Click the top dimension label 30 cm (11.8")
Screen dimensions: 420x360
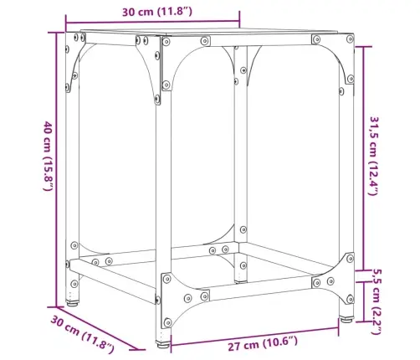tap(157, 12)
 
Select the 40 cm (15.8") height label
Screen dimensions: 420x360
tap(48, 156)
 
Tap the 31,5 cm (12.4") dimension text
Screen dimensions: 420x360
tap(374, 156)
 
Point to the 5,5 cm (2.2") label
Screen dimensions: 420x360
tap(376, 301)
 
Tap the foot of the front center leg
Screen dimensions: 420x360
tap(163, 344)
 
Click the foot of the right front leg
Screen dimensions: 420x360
tap(346, 319)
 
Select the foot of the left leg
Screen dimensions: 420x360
tap(72, 302)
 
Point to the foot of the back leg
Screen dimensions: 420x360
tap(241, 280)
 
